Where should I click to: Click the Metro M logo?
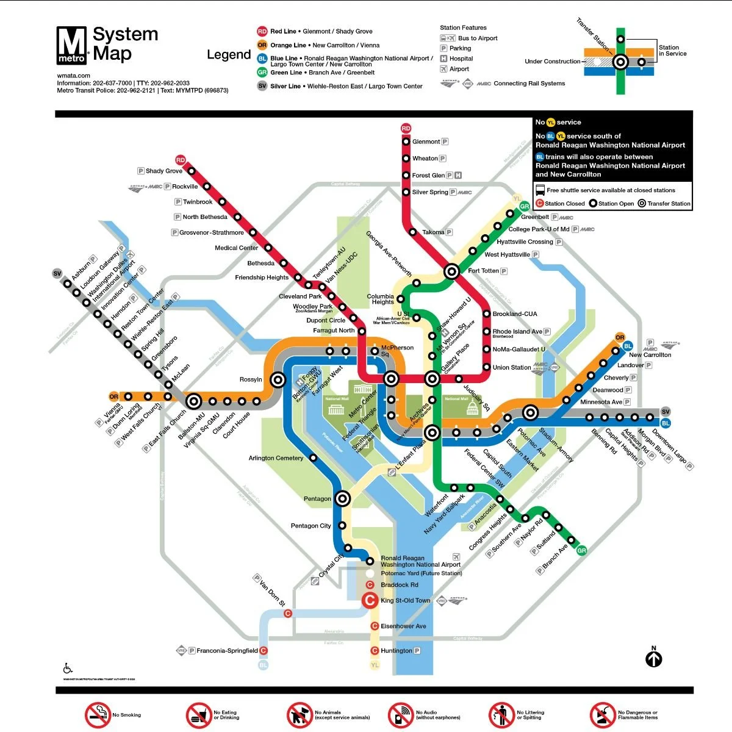tap(72, 45)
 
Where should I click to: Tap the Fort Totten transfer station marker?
tap(452, 271)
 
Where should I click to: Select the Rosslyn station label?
tap(251, 379)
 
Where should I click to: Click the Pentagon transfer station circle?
tap(343, 499)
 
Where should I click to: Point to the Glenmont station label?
tap(426, 142)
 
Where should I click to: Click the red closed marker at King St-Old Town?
tap(370, 600)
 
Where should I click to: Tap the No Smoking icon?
tap(97, 715)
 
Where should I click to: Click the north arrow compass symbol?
tap(654, 658)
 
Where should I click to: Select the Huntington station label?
tap(396, 651)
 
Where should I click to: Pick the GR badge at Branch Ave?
tap(581, 551)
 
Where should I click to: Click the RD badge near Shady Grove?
tap(180, 160)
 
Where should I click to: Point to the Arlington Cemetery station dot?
tap(314, 457)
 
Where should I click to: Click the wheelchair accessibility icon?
tap(68, 669)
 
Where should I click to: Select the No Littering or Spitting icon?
tap(502, 715)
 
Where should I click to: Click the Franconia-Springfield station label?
tap(227, 651)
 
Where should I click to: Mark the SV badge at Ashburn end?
tap(57, 273)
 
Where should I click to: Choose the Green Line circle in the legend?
tap(262, 72)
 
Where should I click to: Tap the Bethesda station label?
tap(261, 264)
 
